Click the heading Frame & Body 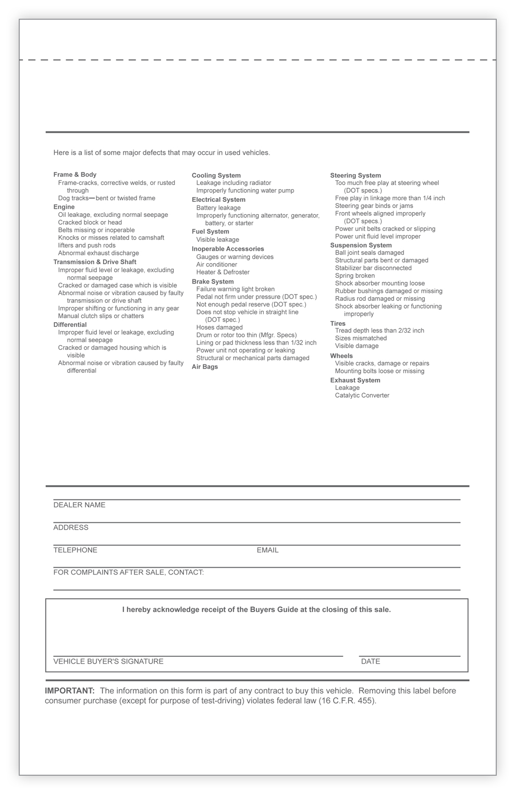point(75,175)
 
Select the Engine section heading point(64,207)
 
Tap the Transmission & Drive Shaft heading point(95,262)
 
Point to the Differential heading point(70,325)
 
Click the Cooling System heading point(216,176)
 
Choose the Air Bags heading point(205,367)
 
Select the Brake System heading point(213,282)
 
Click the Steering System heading point(355,176)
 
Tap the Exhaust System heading point(355,381)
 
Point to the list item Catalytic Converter point(362,396)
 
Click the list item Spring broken point(355,276)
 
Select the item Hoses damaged point(219,327)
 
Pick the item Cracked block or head point(90,223)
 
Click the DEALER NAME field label point(79,505)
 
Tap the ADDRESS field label point(71,528)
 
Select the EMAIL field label point(267,550)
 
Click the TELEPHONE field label point(75,550)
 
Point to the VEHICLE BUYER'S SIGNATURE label point(108,662)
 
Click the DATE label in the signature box point(371,662)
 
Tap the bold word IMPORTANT point(70,691)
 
